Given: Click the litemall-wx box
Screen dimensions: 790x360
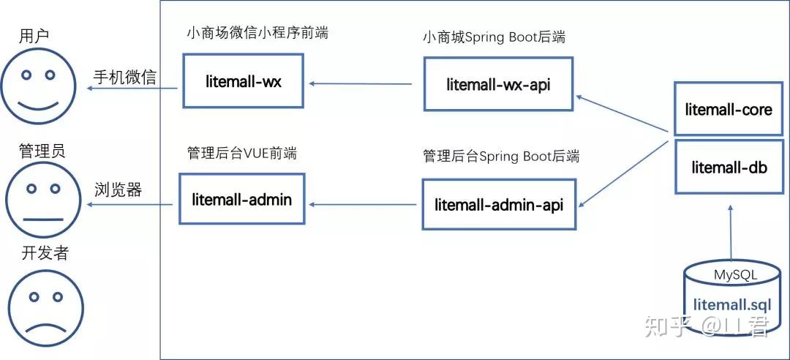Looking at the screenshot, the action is [243, 80].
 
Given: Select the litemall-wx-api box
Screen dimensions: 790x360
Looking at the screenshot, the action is [498, 83].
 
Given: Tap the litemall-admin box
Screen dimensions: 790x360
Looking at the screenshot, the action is [242, 198].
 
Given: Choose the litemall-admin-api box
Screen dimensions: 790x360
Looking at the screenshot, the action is [499, 204].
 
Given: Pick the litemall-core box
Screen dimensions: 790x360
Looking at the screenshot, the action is [729, 110].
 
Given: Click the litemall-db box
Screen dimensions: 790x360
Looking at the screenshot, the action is [729, 167].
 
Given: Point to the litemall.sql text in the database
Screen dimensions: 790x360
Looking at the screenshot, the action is [732, 305].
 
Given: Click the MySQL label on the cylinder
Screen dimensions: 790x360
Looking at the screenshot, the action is [736, 275].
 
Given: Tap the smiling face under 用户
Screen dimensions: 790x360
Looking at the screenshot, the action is [38, 86].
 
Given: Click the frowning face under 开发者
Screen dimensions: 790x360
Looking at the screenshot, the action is [46, 308].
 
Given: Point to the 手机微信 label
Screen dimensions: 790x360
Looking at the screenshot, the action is [125, 77].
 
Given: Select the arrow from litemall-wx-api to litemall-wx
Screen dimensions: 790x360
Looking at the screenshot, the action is [361, 83].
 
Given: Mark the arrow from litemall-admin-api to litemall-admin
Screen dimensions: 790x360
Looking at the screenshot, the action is [363, 204].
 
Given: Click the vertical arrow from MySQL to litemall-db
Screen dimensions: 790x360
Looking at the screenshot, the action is [730, 233].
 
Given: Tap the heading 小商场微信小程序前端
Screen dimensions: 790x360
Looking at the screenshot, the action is [257, 33].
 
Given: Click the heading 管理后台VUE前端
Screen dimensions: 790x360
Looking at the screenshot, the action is [242, 153].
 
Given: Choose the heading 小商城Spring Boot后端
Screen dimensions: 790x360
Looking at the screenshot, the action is [494, 37].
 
